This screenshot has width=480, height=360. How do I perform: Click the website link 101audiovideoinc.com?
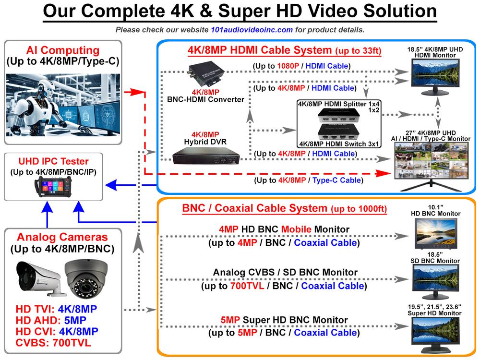click(x=252, y=30)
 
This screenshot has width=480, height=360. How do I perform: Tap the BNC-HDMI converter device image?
click(x=205, y=73)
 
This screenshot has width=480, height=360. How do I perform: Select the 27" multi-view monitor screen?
click(x=431, y=160)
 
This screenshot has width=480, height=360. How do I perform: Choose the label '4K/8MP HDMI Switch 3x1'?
click(x=339, y=144)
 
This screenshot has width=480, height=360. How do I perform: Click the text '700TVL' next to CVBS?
click(x=72, y=343)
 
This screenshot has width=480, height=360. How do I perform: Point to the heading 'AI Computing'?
click(x=63, y=50)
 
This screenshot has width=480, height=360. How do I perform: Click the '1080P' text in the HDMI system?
click(x=288, y=66)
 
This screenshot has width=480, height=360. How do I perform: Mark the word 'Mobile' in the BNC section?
click(x=296, y=229)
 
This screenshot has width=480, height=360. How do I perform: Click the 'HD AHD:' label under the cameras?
click(x=38, y=320)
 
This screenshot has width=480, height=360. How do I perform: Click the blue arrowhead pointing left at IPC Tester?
click(x=111, y=185)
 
